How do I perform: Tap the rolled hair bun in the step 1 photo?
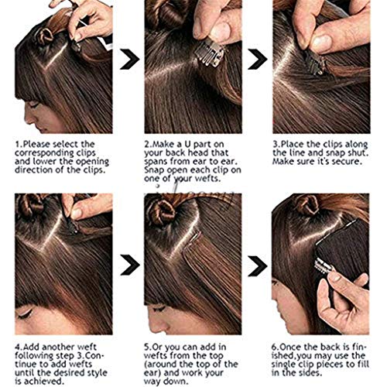pyautogui.click(x=44, y=36)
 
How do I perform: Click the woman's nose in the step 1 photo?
pyautogui.click(x=28, y=118)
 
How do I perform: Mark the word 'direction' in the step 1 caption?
pyautogui.click(x=30, y=170)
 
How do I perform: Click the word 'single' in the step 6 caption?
pyautogui.click(x=283, y=365)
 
